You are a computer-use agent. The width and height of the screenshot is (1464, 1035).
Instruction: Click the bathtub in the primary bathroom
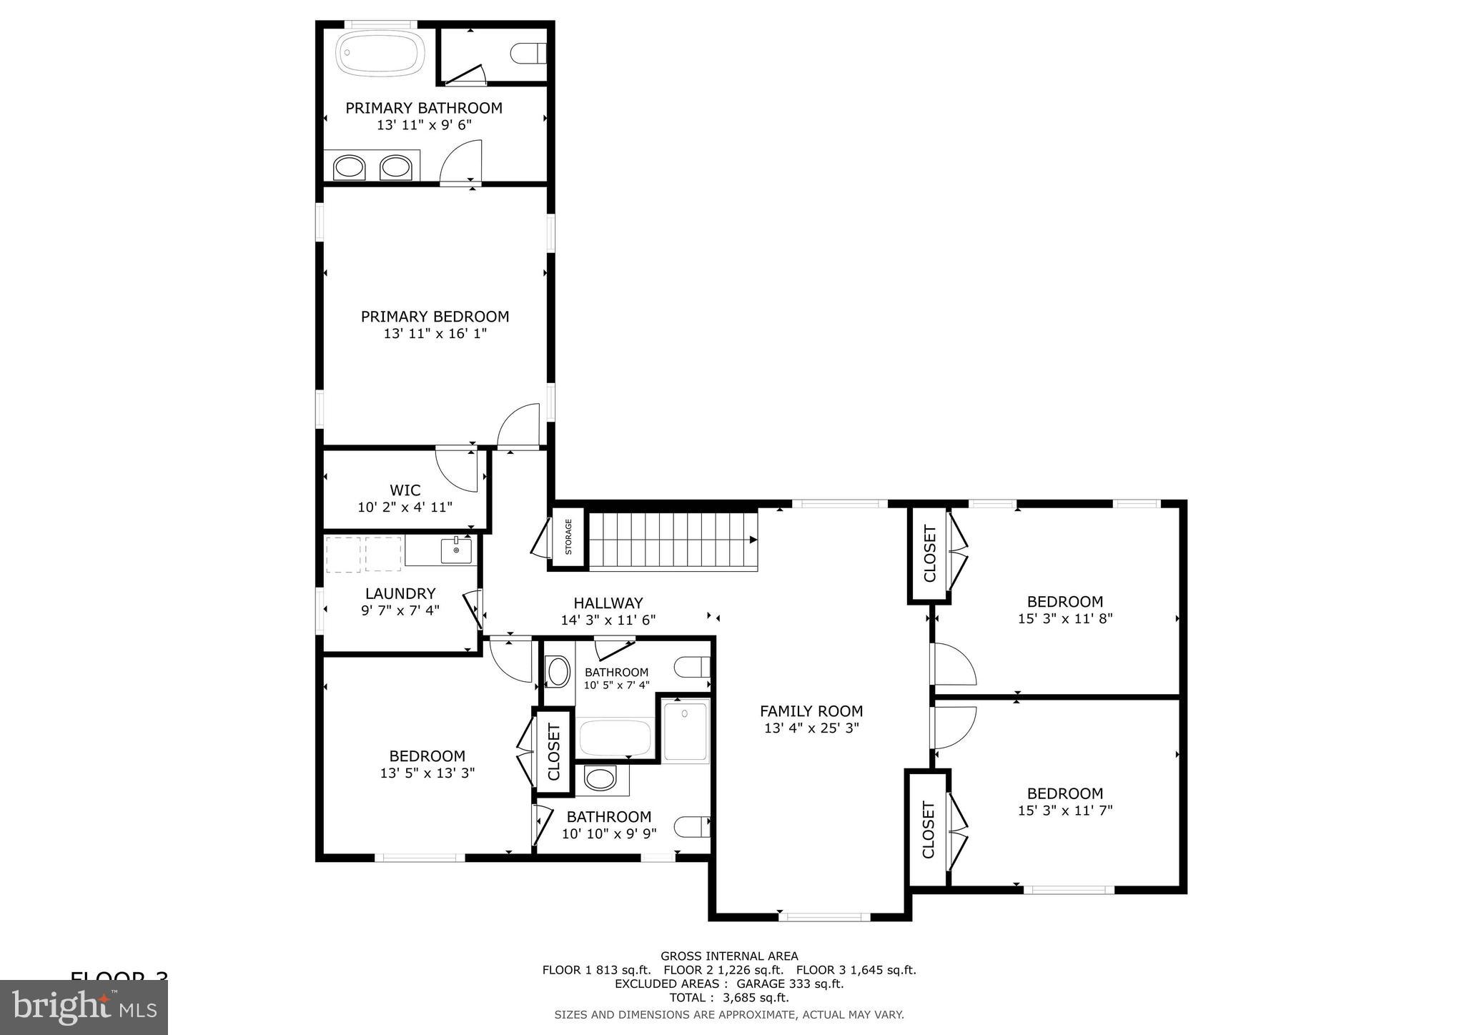380,53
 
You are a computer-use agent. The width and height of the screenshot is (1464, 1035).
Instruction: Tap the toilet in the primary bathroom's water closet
530,53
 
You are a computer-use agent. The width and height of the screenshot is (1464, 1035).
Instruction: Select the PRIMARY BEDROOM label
435,317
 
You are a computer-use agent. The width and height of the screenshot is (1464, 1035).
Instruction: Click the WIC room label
405,490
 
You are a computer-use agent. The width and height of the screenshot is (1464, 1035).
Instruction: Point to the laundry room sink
455,551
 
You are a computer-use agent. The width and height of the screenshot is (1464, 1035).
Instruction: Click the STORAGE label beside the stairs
569,537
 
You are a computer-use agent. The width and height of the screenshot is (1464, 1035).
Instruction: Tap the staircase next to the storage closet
672,540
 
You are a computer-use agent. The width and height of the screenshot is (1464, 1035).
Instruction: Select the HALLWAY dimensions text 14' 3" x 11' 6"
608,620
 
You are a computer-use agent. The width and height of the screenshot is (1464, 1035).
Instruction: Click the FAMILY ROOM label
811,711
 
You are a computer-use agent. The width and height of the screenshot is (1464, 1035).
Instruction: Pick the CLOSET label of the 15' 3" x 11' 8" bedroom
929,553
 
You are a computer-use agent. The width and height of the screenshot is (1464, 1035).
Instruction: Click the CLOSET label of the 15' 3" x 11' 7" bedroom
928,829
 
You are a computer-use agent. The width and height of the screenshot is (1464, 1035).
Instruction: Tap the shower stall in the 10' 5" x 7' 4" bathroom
686,731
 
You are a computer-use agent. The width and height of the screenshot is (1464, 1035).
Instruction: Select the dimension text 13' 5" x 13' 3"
427,773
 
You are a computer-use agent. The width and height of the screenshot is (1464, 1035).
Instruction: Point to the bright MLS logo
84,1007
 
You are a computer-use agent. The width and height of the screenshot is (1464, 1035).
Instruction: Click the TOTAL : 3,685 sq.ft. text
728,998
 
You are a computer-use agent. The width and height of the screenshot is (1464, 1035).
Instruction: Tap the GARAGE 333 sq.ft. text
785,984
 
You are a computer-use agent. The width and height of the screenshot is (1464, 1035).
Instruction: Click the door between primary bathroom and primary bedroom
461,163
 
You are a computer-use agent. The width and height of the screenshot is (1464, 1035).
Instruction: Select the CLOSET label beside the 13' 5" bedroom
553,752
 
